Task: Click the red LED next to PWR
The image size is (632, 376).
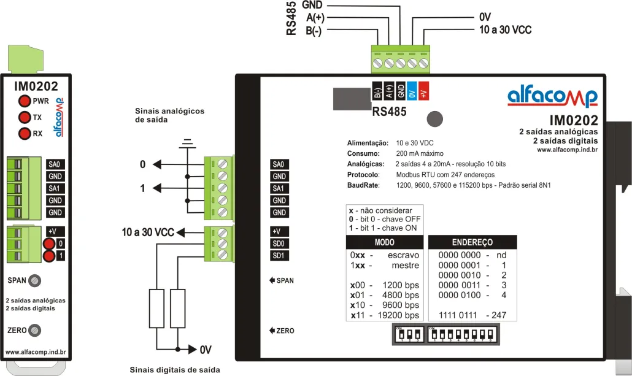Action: coord(24,101)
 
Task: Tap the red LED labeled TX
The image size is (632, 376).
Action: coord(24,117)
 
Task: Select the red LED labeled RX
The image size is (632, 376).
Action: coord(24,133)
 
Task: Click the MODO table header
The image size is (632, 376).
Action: coord(385,242)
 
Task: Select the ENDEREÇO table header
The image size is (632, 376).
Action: coord(472,242)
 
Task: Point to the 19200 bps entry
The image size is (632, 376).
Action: coord(399,315)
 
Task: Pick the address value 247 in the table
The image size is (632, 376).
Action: coord(499,315)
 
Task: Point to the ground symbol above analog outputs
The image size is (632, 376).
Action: coord(186,144)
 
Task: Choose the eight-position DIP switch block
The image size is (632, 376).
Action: coord(462,335)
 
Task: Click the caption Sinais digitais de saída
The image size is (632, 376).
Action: coord(175,370)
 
